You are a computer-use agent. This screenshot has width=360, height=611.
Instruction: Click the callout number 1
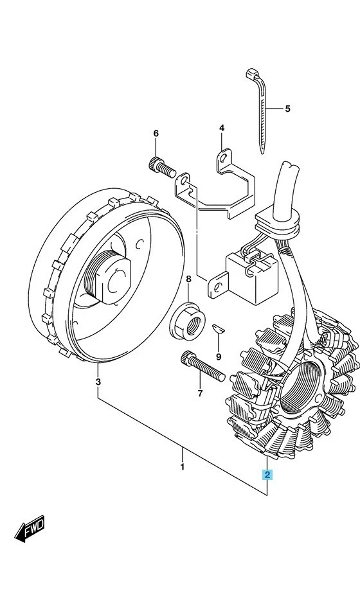tap(182, 466)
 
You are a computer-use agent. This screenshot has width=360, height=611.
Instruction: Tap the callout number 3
tap(98, 382)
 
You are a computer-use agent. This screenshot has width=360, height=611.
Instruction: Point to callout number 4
tap(221, 128)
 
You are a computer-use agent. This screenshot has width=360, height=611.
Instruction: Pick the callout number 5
tap(287, 109)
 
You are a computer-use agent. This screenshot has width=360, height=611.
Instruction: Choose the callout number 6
tap(155, 134)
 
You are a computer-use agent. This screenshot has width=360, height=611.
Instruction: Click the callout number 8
tap(188, 279)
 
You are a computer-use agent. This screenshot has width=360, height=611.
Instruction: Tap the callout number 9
tap(219, 357)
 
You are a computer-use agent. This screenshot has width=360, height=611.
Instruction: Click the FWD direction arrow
tap(30, 531)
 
